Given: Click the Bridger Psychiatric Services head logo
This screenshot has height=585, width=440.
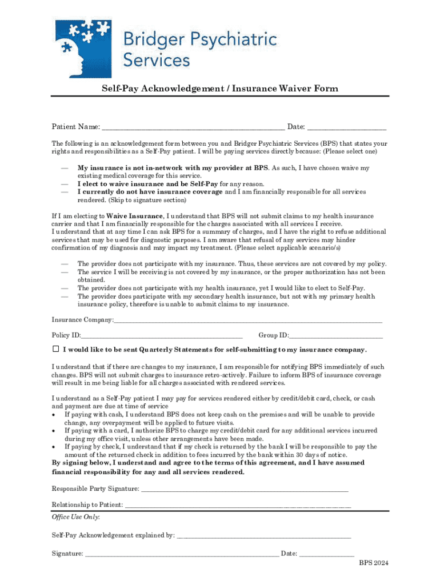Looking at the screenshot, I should pyautogui.click(x=83, y=48).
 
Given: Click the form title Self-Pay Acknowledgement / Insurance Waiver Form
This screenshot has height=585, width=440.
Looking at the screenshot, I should pyautogui.click(x=220, y=89).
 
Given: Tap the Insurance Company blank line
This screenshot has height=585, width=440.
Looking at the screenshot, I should pyautogui.click(x=248, y=322).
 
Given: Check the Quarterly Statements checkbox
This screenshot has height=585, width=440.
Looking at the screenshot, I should pyautogui.click(x=56, y=349).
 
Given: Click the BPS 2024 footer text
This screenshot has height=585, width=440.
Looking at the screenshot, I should pyautogui.click(x=374, y=563).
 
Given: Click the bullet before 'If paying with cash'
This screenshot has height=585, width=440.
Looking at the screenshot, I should pyautogui.click(x=54, y=415).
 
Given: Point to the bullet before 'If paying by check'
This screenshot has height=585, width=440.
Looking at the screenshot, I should pyautogui.click(x=54, y=447).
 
